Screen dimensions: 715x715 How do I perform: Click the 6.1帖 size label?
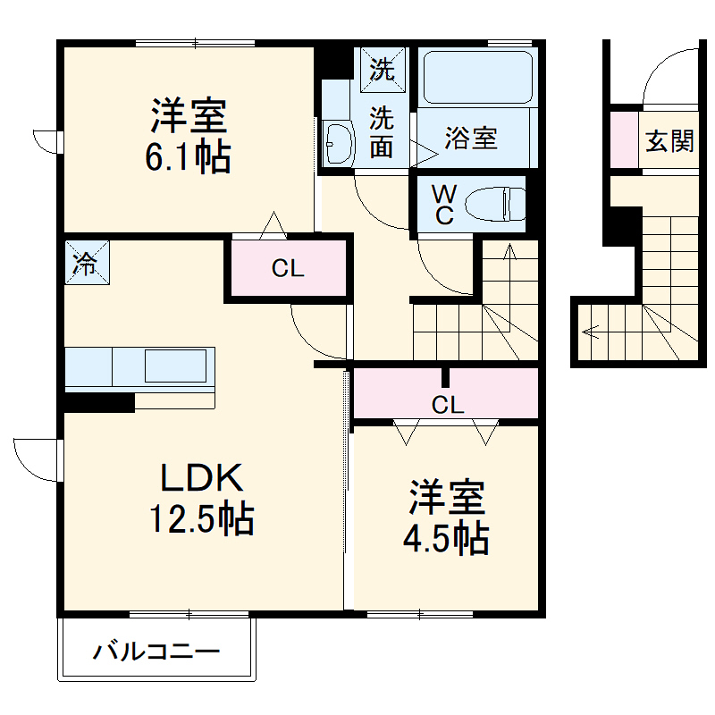tap(189, 158)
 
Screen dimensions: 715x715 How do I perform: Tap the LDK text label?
tap(202, 480)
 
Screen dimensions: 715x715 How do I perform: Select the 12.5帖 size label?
tap(201, 518)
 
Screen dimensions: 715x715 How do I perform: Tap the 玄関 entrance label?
tap(669, 141)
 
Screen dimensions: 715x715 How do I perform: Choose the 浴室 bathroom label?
tap(471, 139)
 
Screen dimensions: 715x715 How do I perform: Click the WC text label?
tap(443, 205)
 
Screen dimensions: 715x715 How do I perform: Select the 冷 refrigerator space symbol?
tap(86, 265)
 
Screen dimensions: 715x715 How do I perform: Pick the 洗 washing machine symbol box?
tap(383, 70)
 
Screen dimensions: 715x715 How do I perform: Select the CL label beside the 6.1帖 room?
tap(288, 268)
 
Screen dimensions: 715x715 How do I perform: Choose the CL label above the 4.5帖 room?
tap(448, 405)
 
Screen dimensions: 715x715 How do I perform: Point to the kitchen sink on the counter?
tap(176, 366)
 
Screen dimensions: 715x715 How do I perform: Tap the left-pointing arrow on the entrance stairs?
tap(590, 332)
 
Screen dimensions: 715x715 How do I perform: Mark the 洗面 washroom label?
tap(383, 131)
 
